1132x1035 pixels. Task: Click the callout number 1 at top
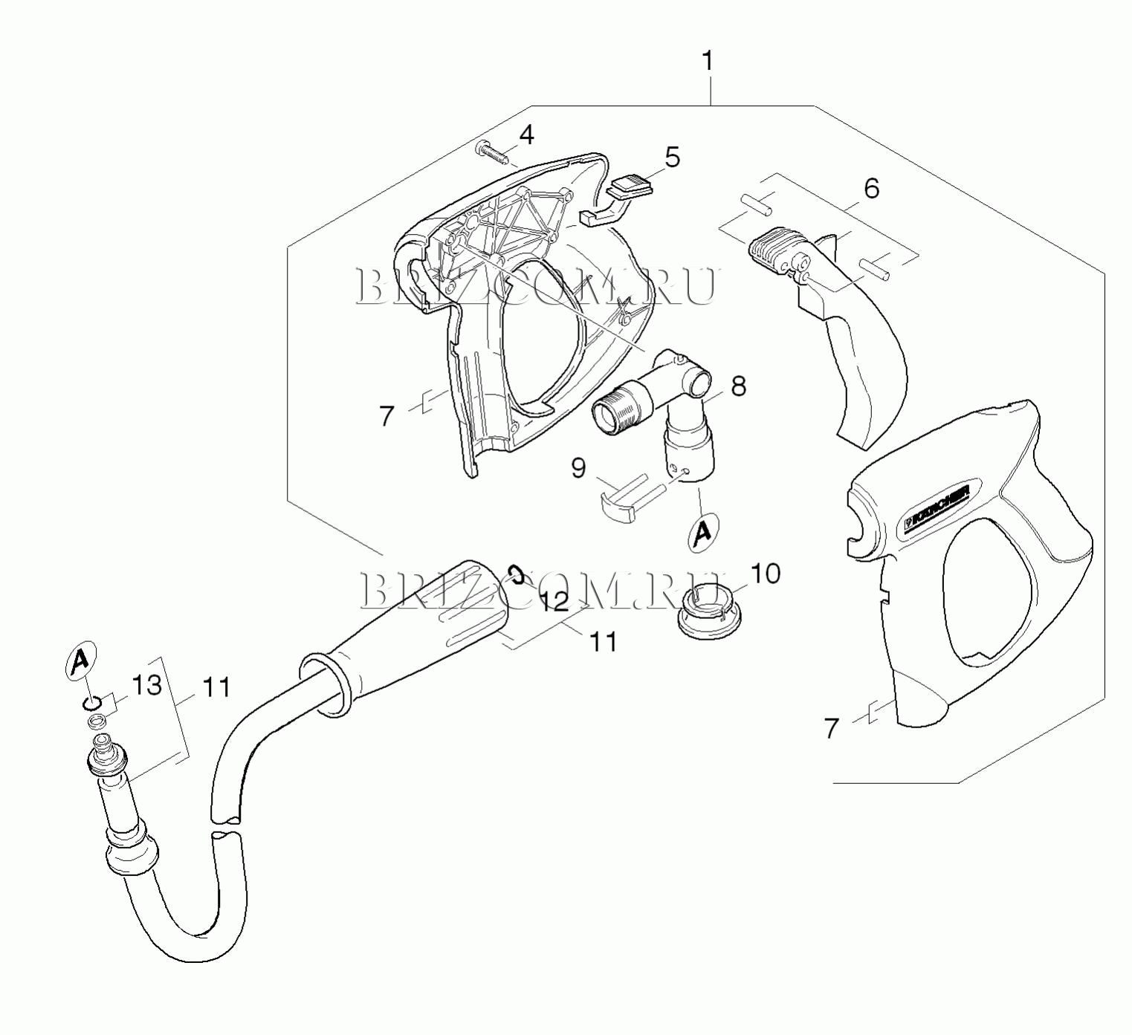click(707, 62)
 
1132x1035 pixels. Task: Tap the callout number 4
click(525, 135)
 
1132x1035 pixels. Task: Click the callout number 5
click(671, 158)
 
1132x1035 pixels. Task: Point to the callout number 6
click(871, 188)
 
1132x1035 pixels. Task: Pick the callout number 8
click(737, 386)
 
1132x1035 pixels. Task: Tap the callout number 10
click(765, 574)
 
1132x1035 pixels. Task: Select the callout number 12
click(554, 602)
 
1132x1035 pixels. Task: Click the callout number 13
click(146, 685)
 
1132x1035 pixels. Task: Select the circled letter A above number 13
click(81, 659)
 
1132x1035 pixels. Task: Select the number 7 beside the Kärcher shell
click(831, 729)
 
